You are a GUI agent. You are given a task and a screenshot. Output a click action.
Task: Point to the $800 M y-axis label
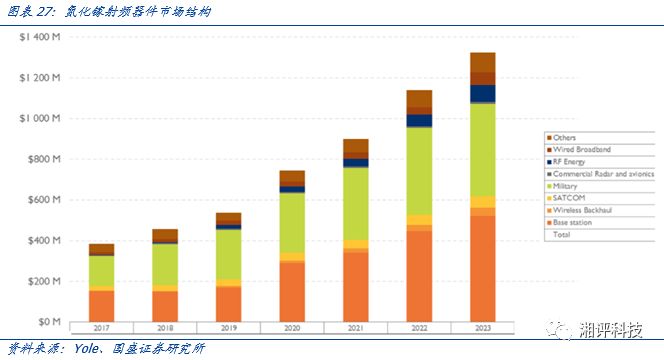click(41, 159)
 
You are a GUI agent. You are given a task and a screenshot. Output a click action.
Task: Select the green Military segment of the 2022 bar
click(419, 170)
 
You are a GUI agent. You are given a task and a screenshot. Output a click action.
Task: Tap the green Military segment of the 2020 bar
click(292, 222)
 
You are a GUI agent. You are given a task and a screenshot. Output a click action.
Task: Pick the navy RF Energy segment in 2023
click(483, 93)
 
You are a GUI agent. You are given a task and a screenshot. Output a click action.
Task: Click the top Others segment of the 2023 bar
click(483, 62)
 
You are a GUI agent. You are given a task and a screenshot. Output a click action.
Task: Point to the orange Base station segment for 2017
click(101, 306)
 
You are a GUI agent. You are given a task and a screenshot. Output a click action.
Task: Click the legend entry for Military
click(566, 186)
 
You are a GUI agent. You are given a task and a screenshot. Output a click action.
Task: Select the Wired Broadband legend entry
click(578, 149)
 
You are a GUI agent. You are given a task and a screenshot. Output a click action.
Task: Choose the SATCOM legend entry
click(567, 198)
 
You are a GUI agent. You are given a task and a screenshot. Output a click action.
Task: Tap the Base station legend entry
click(572, 222)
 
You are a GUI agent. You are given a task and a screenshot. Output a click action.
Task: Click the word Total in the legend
click(562, 234)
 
